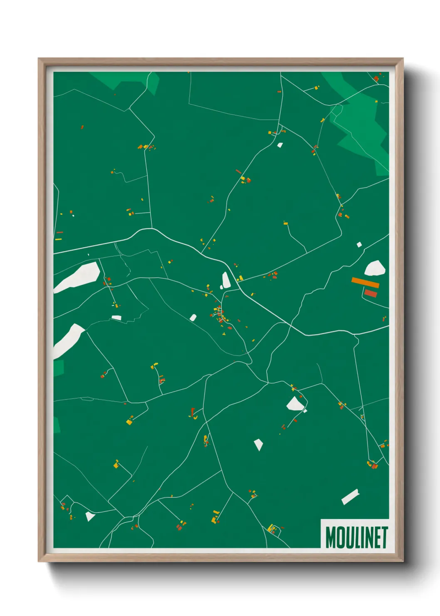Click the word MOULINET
[x=356, y=537]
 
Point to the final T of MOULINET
[x=384, y=537]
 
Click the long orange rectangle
[x=365, y=283]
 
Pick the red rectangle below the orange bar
[x=371, y=293]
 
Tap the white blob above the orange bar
[x=375, y=268]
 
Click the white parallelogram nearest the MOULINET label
[x=350, y=497]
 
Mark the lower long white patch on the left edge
[x=69, y=340]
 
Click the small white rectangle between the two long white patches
[x=116, y=318]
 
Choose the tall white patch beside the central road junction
[x=226, y=280]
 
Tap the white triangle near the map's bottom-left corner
[x=90, y=517]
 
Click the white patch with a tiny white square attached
[x=296, y=404]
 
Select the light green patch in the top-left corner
[x=125, y=80]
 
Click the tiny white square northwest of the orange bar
[x=359, y=245]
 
